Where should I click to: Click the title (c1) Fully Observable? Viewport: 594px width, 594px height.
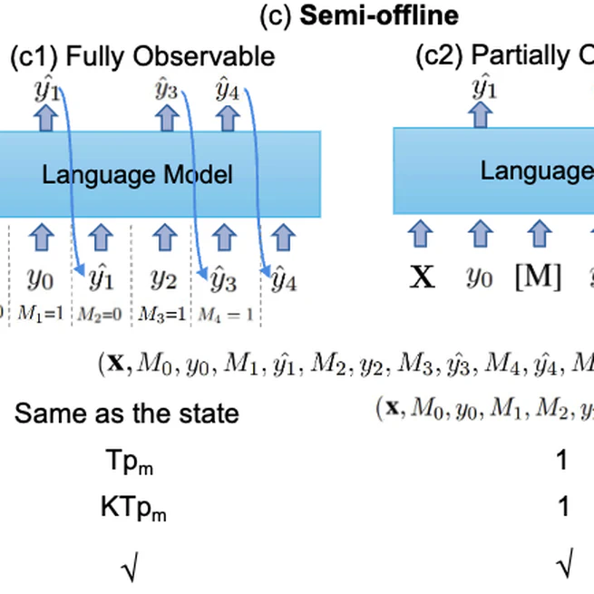(x=142, y=57)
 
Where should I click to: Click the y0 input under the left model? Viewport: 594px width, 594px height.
(x=40, y=278)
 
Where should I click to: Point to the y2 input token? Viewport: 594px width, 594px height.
(x=162, y=278)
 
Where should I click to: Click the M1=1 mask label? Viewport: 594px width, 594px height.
(x=40, y=314)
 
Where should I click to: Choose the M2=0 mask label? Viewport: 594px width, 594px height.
(x=101, y=314)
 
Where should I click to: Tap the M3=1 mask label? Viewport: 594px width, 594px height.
(x=162, y=314)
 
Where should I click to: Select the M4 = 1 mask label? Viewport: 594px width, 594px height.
(x=226, y=314)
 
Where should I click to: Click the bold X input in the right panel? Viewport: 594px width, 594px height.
(x=422, y=277)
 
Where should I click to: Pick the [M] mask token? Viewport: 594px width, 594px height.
(x=538, y=277)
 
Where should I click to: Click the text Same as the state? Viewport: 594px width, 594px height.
(x=127, y=414)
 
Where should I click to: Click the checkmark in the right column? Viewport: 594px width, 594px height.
(x=563, y=568)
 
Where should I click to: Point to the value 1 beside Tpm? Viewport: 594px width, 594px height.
(x=562, y=461)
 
